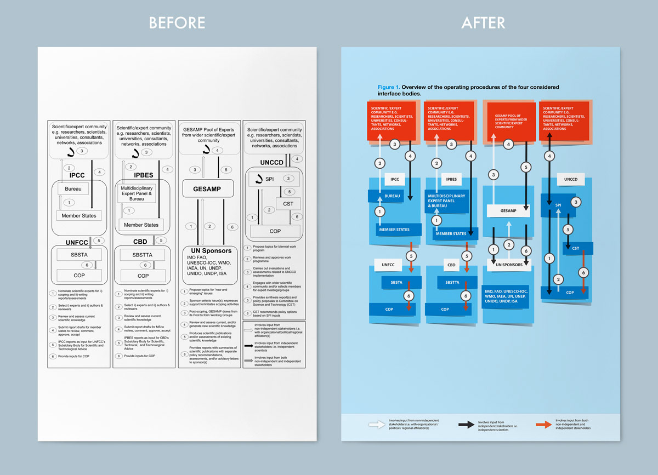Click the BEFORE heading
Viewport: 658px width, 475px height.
[177, 22]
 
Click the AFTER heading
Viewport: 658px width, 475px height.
[483, 22]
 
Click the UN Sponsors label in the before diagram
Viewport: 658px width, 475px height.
[210, 250]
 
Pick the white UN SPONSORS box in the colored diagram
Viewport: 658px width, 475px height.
[508, 264]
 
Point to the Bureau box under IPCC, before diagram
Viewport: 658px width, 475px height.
[77, 188]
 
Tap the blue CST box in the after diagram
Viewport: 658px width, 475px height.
[575, 248]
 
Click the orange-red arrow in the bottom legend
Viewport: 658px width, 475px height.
[543, 424]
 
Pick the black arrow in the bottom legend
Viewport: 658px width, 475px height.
[466, 424]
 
